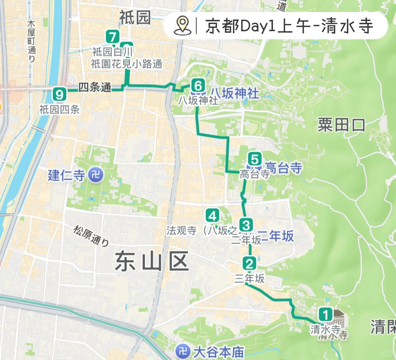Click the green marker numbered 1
(326, 315)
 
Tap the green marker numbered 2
(249, 264)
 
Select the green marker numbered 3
(246, 225)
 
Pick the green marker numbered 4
(212, 216)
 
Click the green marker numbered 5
(255, 159)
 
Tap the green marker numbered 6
(198, 86)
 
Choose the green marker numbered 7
(113, 37)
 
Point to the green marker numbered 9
(59, 95)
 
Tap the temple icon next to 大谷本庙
(183, 351)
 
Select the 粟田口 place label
(341, 125)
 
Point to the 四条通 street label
(95, 87)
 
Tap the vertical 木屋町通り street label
(31, 41)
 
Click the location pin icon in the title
(183, 26)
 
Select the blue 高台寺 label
(284, 167)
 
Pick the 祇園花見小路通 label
(127, 64)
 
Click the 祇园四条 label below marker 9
(59, 109)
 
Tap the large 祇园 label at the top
(135, 17)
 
